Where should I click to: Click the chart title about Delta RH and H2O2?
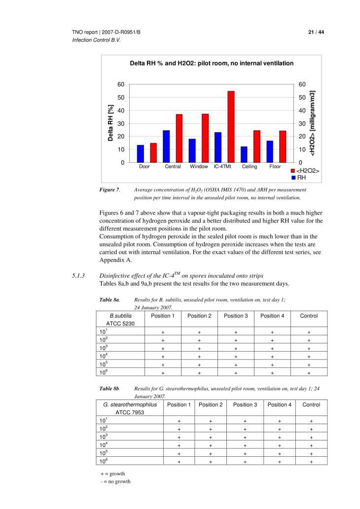[x=211, y=63]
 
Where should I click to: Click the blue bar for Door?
[x=141, y=153]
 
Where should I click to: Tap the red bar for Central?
[x=179, y=138]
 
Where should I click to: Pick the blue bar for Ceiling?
[x=244, y=154]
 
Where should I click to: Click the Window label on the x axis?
[x=199, y=167]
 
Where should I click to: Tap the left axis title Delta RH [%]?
[x=111, y=123]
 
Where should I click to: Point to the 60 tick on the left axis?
[x=121, y=85]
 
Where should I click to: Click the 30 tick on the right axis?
[x=303, y=123]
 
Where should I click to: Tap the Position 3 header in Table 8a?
[x=236, y=316]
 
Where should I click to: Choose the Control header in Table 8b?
[x=311, y=404]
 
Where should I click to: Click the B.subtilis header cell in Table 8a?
[x=121, y=316]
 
